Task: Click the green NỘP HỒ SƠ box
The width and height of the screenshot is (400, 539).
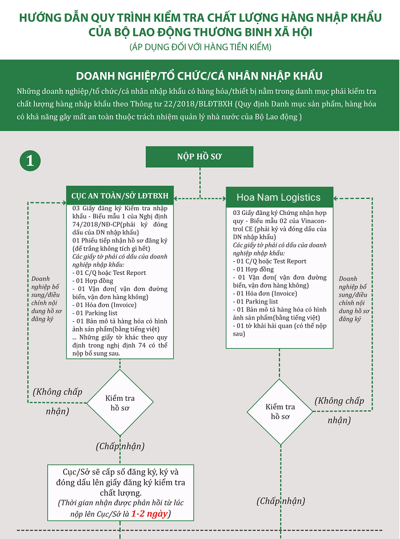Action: [x=199, y=157]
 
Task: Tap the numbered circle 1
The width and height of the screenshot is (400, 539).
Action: [x=30, y=161]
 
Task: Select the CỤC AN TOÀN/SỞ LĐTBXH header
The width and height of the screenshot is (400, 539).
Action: [x=120, y=195]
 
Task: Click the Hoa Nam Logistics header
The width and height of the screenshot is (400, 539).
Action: [x=279, y=197]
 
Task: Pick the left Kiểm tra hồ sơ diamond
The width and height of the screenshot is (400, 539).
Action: [x=120, y=402]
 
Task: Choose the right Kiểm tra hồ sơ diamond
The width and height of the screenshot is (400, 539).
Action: [x=280, y=412]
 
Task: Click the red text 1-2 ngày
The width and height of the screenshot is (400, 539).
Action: [x=149, y=513]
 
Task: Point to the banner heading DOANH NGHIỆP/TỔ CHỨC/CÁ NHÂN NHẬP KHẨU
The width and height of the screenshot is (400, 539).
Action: [x=199, y=75]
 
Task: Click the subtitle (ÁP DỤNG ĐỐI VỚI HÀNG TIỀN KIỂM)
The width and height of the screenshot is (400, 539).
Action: [x=201, y=47]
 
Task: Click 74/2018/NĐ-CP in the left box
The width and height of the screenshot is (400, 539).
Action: [x=95, y=225]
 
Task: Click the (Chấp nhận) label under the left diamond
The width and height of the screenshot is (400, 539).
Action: [x=120, y=446]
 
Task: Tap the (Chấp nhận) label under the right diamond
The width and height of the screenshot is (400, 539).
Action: [x=281, y=501]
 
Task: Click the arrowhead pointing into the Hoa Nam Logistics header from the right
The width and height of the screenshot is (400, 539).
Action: [x=336, y=198]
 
